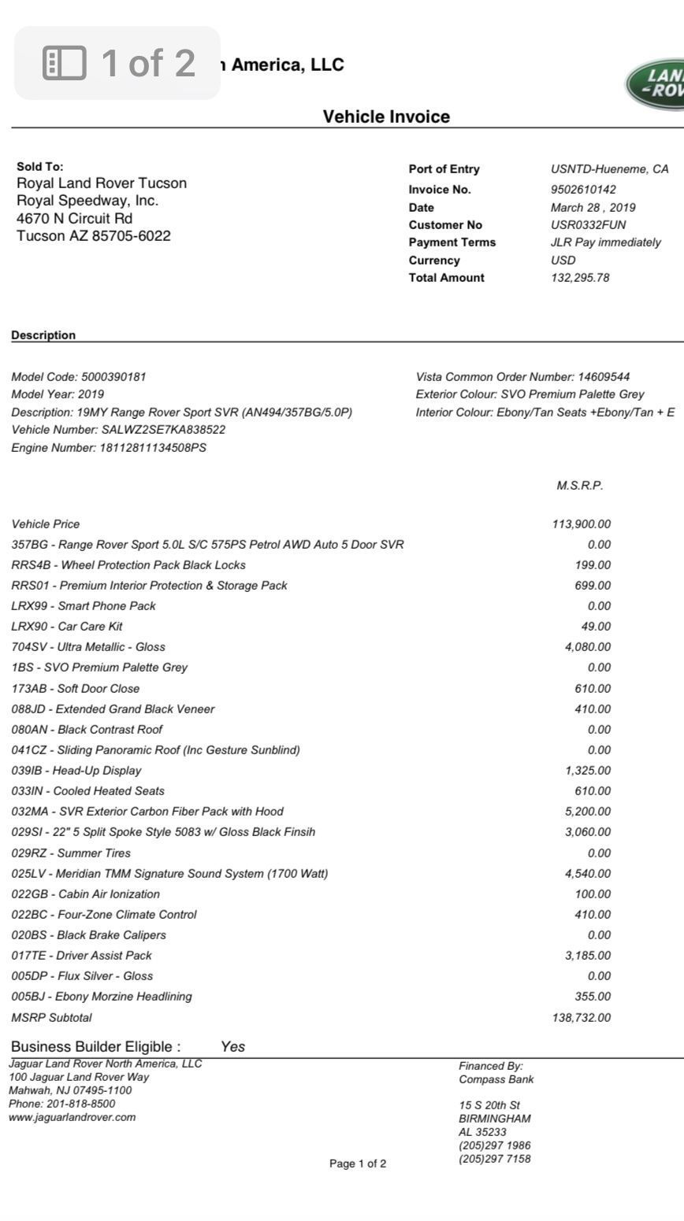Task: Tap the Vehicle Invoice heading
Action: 386,117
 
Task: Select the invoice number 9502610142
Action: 583,190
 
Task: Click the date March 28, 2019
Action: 593,208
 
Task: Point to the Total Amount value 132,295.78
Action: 580,278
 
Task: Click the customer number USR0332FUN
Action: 588,225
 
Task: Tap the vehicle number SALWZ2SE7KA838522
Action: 163,430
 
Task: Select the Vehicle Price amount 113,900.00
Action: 582,524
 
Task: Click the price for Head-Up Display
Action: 587,771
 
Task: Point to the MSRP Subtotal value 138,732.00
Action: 582,1018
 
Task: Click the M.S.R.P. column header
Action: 579,486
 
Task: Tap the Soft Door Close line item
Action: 76,689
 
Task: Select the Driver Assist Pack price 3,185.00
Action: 587,956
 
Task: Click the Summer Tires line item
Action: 71,853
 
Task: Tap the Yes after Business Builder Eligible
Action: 232,1047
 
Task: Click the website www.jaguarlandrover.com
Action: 72,1117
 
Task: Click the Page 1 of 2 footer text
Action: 358,1164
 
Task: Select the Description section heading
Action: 43,335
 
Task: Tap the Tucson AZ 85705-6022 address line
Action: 94,236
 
